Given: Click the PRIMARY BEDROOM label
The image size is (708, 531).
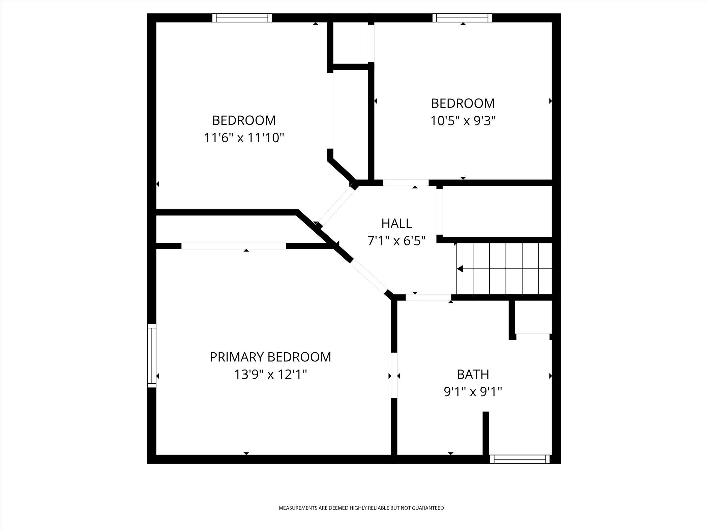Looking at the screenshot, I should coord(270,357).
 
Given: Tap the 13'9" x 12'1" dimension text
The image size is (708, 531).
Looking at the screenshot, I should coord(270,375).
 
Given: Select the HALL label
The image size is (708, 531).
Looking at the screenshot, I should coord(396,224).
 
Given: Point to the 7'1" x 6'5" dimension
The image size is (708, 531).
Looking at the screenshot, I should coord(396,241).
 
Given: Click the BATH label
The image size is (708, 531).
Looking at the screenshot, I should coord(473,375).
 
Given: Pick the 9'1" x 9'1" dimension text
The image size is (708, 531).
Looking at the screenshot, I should coord(473,392).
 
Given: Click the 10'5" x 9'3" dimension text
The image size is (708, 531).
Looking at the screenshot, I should coord(463,121).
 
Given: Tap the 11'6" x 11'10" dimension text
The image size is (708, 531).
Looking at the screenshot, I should coord(244,138).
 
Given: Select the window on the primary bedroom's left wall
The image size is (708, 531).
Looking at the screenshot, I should coord(152,356).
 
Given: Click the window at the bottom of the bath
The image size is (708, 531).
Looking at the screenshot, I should coord(520,459).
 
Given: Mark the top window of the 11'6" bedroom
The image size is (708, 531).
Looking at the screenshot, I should coord(242,18).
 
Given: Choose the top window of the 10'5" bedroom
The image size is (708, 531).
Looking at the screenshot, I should coord(462,18).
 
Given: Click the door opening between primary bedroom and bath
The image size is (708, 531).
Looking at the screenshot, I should coord(394,375).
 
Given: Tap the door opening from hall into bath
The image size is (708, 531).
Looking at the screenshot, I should coord(428,297).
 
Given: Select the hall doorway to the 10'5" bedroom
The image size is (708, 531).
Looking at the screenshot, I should coord(406,183).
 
